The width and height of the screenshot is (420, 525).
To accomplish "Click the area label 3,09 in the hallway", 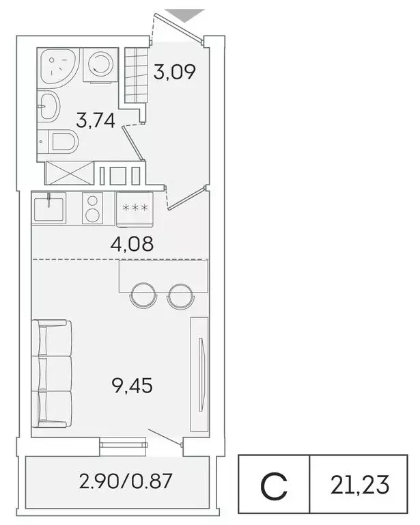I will [175, 72].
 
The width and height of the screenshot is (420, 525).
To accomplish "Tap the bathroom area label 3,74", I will [95, 121].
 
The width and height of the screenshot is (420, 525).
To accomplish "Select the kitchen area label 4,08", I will [132, 243].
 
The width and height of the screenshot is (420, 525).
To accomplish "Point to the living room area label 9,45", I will [132, 386].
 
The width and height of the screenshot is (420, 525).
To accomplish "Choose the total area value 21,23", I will [361, 485].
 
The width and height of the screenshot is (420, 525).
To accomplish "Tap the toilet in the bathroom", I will [64, 143].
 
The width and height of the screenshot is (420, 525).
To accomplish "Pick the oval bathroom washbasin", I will [49, 106].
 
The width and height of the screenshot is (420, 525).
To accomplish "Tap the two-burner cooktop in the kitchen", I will [92, 208].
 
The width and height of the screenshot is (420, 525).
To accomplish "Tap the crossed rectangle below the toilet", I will [68, 172].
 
